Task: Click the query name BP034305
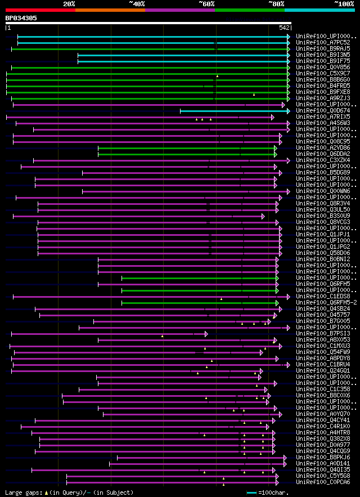(x=21, y=18)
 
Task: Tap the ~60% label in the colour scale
(x=206, y=4)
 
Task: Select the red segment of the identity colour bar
(x=40, y=10)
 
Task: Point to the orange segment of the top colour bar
(x=110, y=10)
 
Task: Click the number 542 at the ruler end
(x=284, y=28)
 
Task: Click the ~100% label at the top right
(x=344, y=4)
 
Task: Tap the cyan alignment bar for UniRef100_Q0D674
(x=233, y=111)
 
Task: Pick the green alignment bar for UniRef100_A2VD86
(x=186, y=148)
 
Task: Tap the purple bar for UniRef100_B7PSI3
(x=107, y=334)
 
